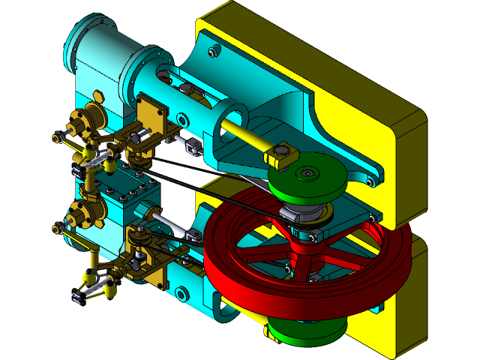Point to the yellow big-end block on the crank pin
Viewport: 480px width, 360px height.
coord(282,155)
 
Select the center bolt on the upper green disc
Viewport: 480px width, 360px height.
coord(307,173)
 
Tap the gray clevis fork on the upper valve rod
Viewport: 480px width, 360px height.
coord(192,145)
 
